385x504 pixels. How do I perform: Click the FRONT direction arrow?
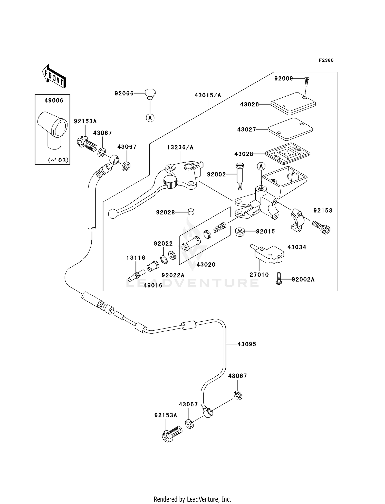coord(54,77)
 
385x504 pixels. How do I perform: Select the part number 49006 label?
coord(54,100)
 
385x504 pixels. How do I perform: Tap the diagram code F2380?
coord(326,60)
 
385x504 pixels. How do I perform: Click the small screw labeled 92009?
coord(306,81)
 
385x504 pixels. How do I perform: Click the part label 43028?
coord(243,154)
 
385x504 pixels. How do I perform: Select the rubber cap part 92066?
coord(150,94)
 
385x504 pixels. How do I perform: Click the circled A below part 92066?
coord(150,118)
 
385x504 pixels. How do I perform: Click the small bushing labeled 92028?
coord(191,212)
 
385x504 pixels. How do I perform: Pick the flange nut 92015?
coord(239,232)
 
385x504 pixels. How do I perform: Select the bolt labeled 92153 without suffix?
coord(322,227)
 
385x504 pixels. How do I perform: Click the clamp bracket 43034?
coord(297,219)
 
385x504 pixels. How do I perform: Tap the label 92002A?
coord(303,279)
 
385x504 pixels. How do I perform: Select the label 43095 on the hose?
coord(247,344)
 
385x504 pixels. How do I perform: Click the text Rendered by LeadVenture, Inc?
coord(192,499)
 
